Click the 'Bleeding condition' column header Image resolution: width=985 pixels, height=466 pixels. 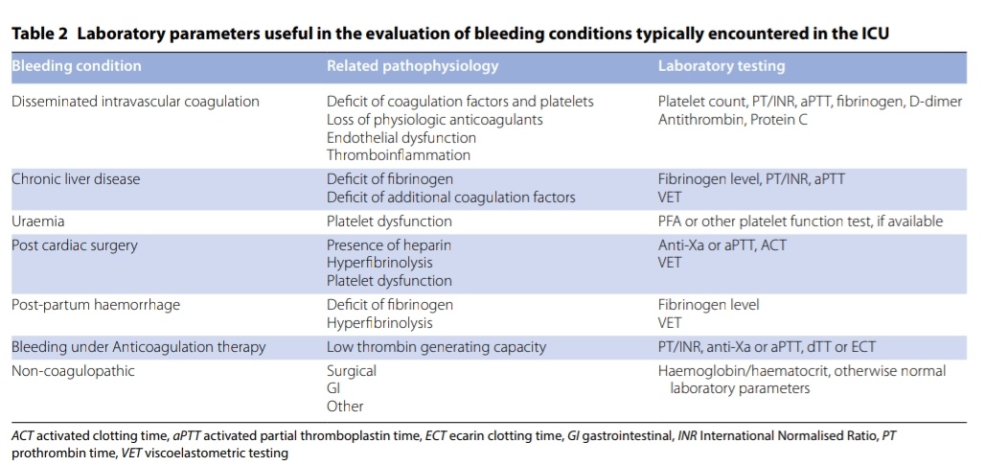pos(76,66)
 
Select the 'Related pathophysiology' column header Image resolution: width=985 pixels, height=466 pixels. pos(412,66)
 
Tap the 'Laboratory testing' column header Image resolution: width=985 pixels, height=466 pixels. pos(721,66)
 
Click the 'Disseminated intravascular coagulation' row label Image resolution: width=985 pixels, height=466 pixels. pos(135,101)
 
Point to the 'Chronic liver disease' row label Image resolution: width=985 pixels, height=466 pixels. pos(76,178)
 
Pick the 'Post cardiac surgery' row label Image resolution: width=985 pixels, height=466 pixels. pos(74,245)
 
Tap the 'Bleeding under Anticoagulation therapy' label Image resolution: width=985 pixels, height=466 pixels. pos(138,346)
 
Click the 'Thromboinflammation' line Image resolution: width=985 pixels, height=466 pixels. pos(398,154)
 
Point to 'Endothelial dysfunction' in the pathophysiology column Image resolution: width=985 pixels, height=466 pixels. pos(401,137)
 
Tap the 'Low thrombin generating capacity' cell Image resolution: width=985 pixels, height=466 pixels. pos(436,346)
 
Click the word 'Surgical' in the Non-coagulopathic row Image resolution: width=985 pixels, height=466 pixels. pos(351,370)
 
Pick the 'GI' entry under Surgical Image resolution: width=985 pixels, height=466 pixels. pos(333,388)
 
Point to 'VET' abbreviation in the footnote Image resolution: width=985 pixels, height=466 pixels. pos(130,453)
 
